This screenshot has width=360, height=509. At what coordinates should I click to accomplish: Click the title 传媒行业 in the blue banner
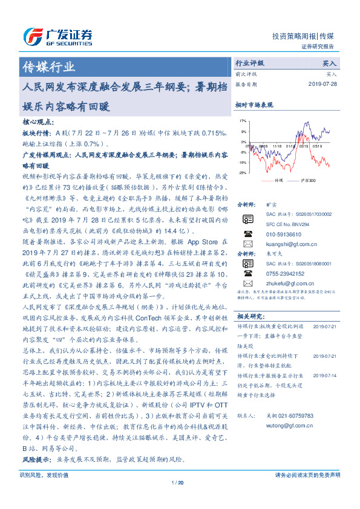click(48, 66)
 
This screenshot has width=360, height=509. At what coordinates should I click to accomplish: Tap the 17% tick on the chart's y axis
click(243, 121)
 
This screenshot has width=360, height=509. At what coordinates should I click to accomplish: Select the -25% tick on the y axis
click(242, 172)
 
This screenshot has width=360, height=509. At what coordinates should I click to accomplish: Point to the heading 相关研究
click(250, 316)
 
